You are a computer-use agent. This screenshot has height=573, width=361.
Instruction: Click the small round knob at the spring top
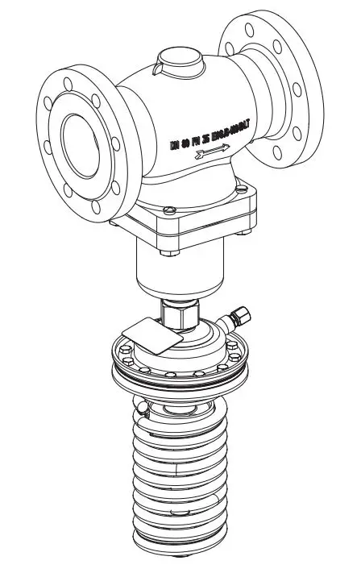(142, 410)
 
